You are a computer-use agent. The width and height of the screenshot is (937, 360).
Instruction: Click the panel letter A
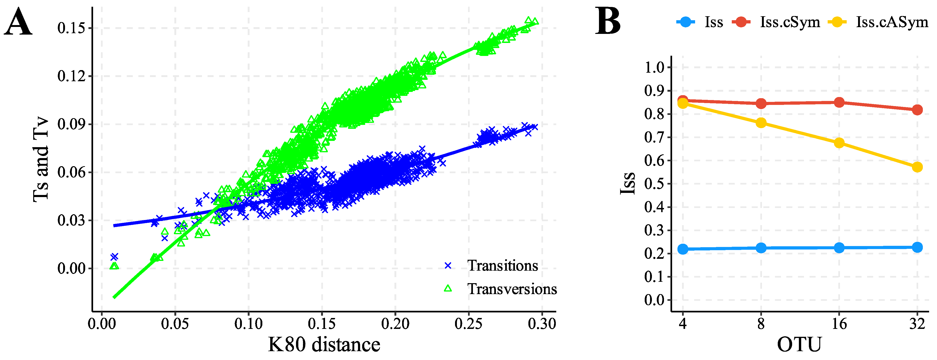pyautogui.click(x=18, y=23)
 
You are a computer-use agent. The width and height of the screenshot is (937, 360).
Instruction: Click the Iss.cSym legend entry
pyautogui.click(x=790, y=22)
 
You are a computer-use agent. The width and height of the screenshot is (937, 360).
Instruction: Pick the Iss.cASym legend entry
pyautogui.click(x=891, y=22)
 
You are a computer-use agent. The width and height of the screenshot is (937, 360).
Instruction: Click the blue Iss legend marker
pyautogui.click(x=685, y=22)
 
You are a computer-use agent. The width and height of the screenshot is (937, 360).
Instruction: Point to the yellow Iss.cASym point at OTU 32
pyautogui.click(x=917, y=167)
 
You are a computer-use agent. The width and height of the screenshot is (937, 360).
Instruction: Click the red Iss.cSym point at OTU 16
pyautogui.click(x=839, y=102)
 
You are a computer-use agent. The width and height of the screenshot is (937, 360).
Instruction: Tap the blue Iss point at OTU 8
pyautogui.click(x=761, y=248)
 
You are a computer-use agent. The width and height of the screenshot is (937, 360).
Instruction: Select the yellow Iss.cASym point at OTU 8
pyautogui.click(x=761, y=123)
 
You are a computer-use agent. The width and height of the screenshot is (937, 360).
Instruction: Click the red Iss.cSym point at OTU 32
pyautogui.click(x=917, y=110)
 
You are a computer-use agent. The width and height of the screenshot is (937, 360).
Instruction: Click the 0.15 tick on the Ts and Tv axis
pyautogui.click(x=71, y=28)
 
